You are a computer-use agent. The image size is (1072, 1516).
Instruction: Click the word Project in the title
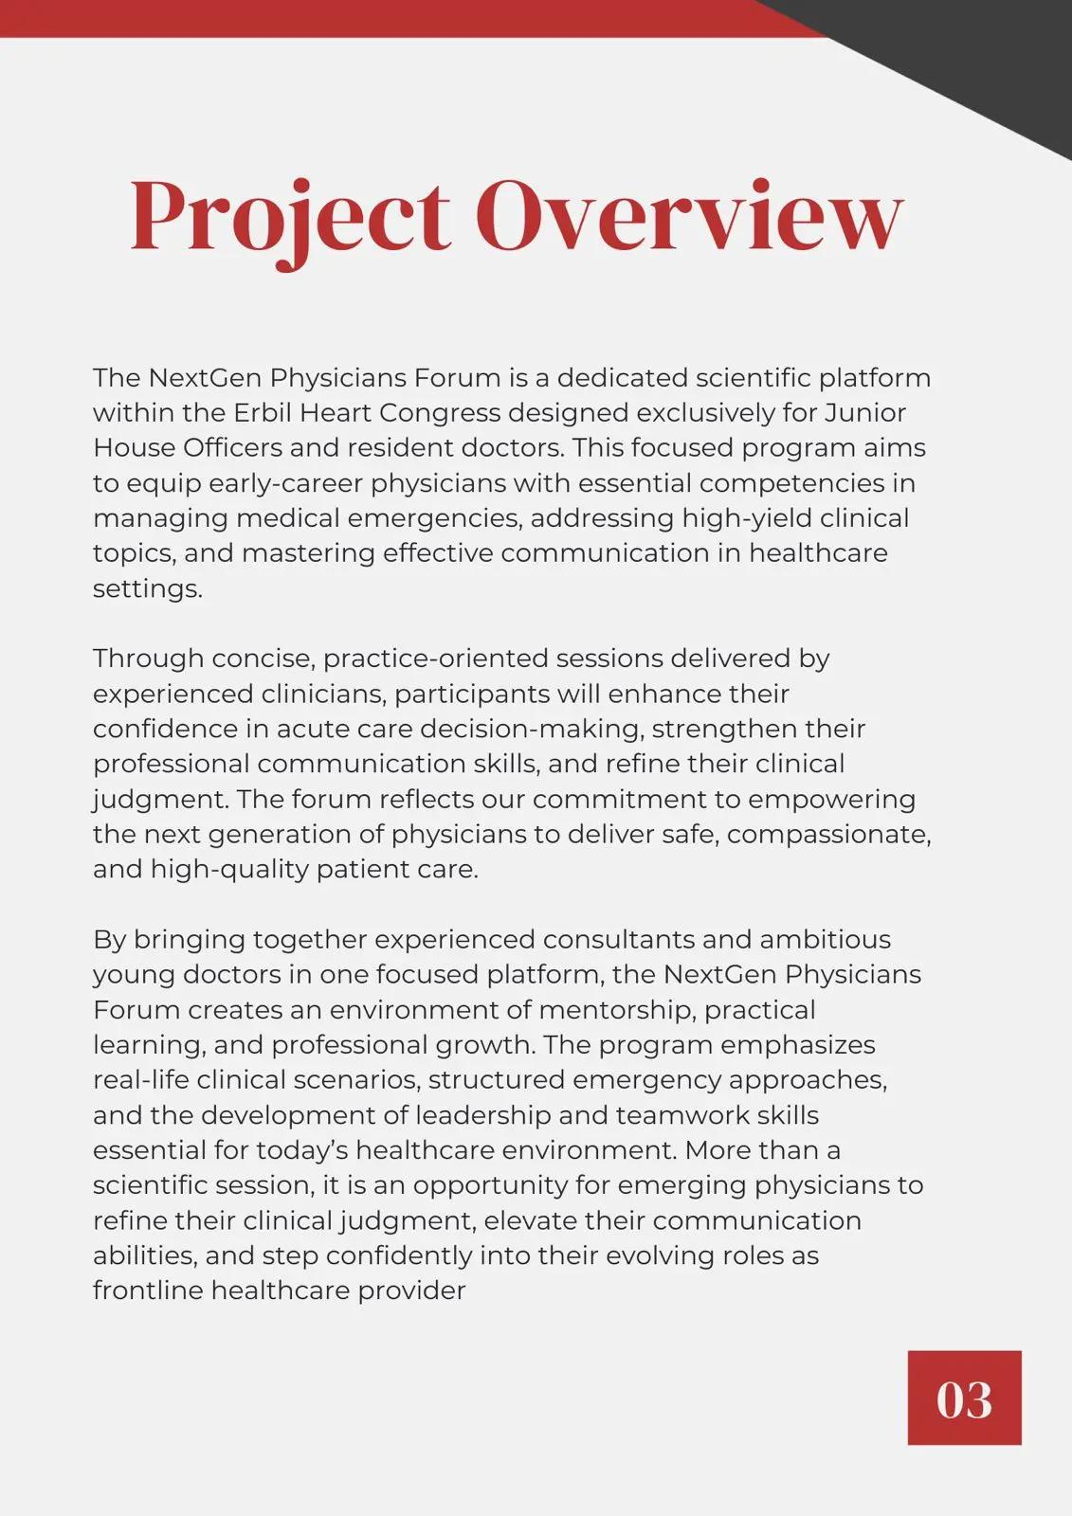tap(290, 218)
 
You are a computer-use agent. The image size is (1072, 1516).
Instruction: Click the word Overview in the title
tap(689, 218)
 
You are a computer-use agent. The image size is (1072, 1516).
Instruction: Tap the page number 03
tap(964, 1399)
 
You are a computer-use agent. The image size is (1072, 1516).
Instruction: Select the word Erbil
tap(263, 413)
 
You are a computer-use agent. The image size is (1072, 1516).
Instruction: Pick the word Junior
tap(864, 413)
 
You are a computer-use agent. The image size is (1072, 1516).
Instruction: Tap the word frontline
tap(147, 1290)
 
